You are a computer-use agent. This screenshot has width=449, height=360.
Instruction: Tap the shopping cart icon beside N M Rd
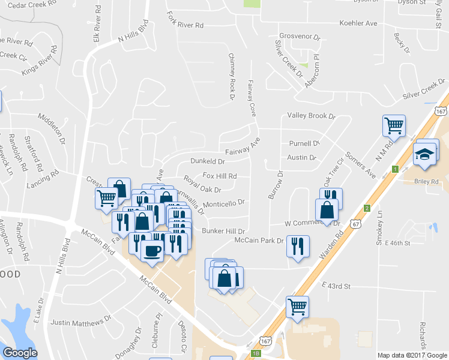[394, 126]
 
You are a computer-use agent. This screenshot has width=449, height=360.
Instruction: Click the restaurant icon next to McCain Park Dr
[298, 245]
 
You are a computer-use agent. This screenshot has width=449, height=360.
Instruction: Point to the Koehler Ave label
[358, 23]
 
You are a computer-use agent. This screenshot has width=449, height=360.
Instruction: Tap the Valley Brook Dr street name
[310, 115]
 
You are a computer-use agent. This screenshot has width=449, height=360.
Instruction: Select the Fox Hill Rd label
[220, 176]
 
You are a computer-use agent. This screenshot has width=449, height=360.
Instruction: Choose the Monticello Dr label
[224, 203]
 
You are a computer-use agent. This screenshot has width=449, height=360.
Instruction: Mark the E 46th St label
[391, 243]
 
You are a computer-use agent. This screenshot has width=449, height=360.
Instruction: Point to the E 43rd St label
[336, 287]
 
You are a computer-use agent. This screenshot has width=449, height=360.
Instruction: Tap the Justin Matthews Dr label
[82, 322]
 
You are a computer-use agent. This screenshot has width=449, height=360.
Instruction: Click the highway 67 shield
[357, 224]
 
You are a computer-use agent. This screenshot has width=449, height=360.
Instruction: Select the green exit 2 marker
[366, 208]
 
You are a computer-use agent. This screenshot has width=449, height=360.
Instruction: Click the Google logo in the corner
[20, 353]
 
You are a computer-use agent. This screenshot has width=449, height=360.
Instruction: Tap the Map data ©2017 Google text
[412, 355]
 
